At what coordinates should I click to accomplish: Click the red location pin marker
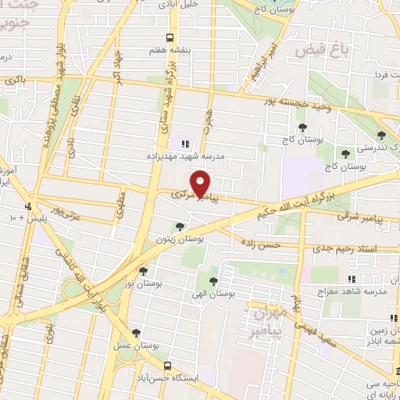tap(201, 184)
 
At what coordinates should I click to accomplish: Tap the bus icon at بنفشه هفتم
tap(170, 37)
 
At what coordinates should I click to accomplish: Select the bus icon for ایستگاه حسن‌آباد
tap(168, 364)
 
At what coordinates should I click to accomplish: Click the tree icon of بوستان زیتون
tap(180, 227)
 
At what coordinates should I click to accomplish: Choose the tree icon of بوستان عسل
tap(137, 333)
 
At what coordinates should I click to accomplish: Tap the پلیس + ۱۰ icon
tap(29, 206)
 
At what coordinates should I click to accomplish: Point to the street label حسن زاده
tap(260, 245)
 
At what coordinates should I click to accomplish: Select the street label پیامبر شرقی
tap(367, 220)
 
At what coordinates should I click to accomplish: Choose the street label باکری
tap(13, 79)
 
